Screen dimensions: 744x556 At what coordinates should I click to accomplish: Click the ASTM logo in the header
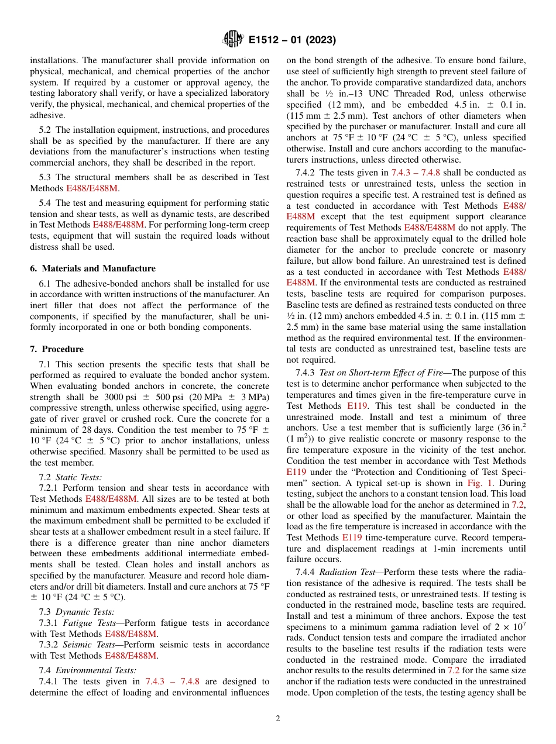point(233,40)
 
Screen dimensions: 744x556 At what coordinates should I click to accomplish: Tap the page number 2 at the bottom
point(278,719)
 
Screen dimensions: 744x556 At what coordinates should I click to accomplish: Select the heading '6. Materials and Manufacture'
point(92,268)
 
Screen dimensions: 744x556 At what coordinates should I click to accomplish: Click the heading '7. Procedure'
point(57,349)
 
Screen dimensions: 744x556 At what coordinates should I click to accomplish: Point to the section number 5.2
point(46,130)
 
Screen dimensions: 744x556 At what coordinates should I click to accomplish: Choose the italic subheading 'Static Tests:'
point(78,478)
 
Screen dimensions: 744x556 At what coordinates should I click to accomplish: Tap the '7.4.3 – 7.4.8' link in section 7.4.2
point(416,173)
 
